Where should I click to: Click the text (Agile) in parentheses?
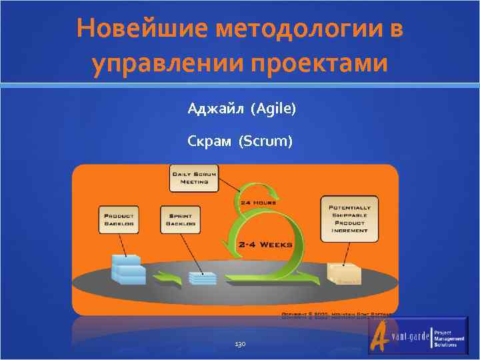[273, 108]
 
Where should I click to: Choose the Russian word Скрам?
[211, 141]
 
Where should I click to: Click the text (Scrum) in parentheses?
[265, 141]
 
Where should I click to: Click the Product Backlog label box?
[119, 219]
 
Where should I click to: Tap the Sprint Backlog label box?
[179, 219]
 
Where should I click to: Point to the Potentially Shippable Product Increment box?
[349, 218]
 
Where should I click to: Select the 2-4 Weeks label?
[265, 245]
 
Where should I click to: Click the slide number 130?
[240, 344]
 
